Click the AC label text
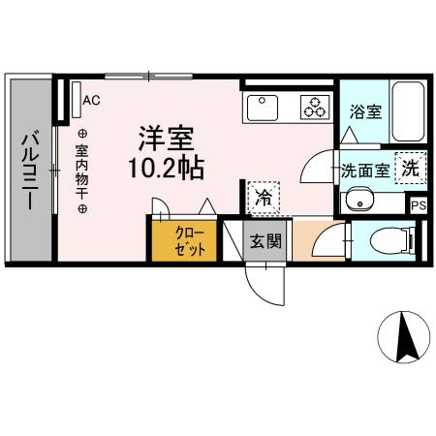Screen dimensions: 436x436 point(91,100)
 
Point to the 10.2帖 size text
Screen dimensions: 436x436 point(165,168)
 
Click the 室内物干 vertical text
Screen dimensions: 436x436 point(82,171)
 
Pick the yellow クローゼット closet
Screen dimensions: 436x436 point(184,241)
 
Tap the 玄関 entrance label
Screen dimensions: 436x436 point(266,241)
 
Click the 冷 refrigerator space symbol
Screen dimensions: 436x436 point(263,198)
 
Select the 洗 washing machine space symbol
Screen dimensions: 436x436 point(412,167)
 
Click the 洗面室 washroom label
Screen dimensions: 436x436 point(365,171)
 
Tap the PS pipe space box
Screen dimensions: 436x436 point(419,205)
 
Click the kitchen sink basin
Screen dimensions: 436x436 point(264,104)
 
